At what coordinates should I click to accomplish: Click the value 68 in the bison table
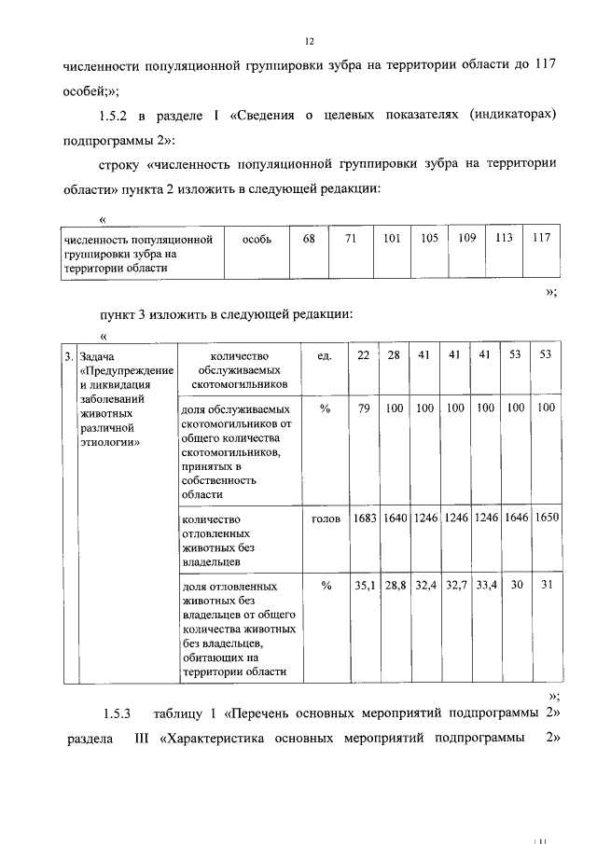coord(309,238)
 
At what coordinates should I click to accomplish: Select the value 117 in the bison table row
coord(541,238)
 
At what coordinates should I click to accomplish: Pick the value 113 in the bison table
coord(505,238)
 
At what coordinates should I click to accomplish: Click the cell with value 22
coord(363,355)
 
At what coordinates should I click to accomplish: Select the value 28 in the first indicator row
coord(395,355)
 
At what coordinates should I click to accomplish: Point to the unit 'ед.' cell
coord(326,355)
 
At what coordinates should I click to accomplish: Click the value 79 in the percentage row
coord(363,408)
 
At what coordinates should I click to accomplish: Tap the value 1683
coord(364,518)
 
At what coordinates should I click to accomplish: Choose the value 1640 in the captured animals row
coord(396,518)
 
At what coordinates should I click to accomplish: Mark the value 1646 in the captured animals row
coord(515,518)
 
